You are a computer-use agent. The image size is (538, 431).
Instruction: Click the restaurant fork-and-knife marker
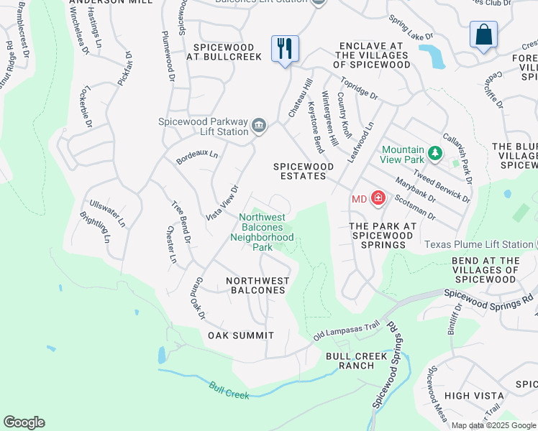tap(285, 49)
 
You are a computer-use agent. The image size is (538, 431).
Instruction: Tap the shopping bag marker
tap(484, 34)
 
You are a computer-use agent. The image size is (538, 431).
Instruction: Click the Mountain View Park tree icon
tap(434, 153)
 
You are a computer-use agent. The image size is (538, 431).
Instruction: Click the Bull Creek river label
tap(229, 390)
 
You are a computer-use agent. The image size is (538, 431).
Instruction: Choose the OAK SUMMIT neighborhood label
tap(241, 335)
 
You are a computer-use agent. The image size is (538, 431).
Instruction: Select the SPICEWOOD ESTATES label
tap(304, 171)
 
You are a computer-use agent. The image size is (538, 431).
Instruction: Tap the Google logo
tap(24, 422)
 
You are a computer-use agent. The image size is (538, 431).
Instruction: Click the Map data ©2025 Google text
tap(493, 425)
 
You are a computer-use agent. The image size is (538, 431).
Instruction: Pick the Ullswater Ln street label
tap(106, 215)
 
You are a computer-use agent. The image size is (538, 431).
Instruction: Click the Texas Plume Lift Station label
tap(478, 244)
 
